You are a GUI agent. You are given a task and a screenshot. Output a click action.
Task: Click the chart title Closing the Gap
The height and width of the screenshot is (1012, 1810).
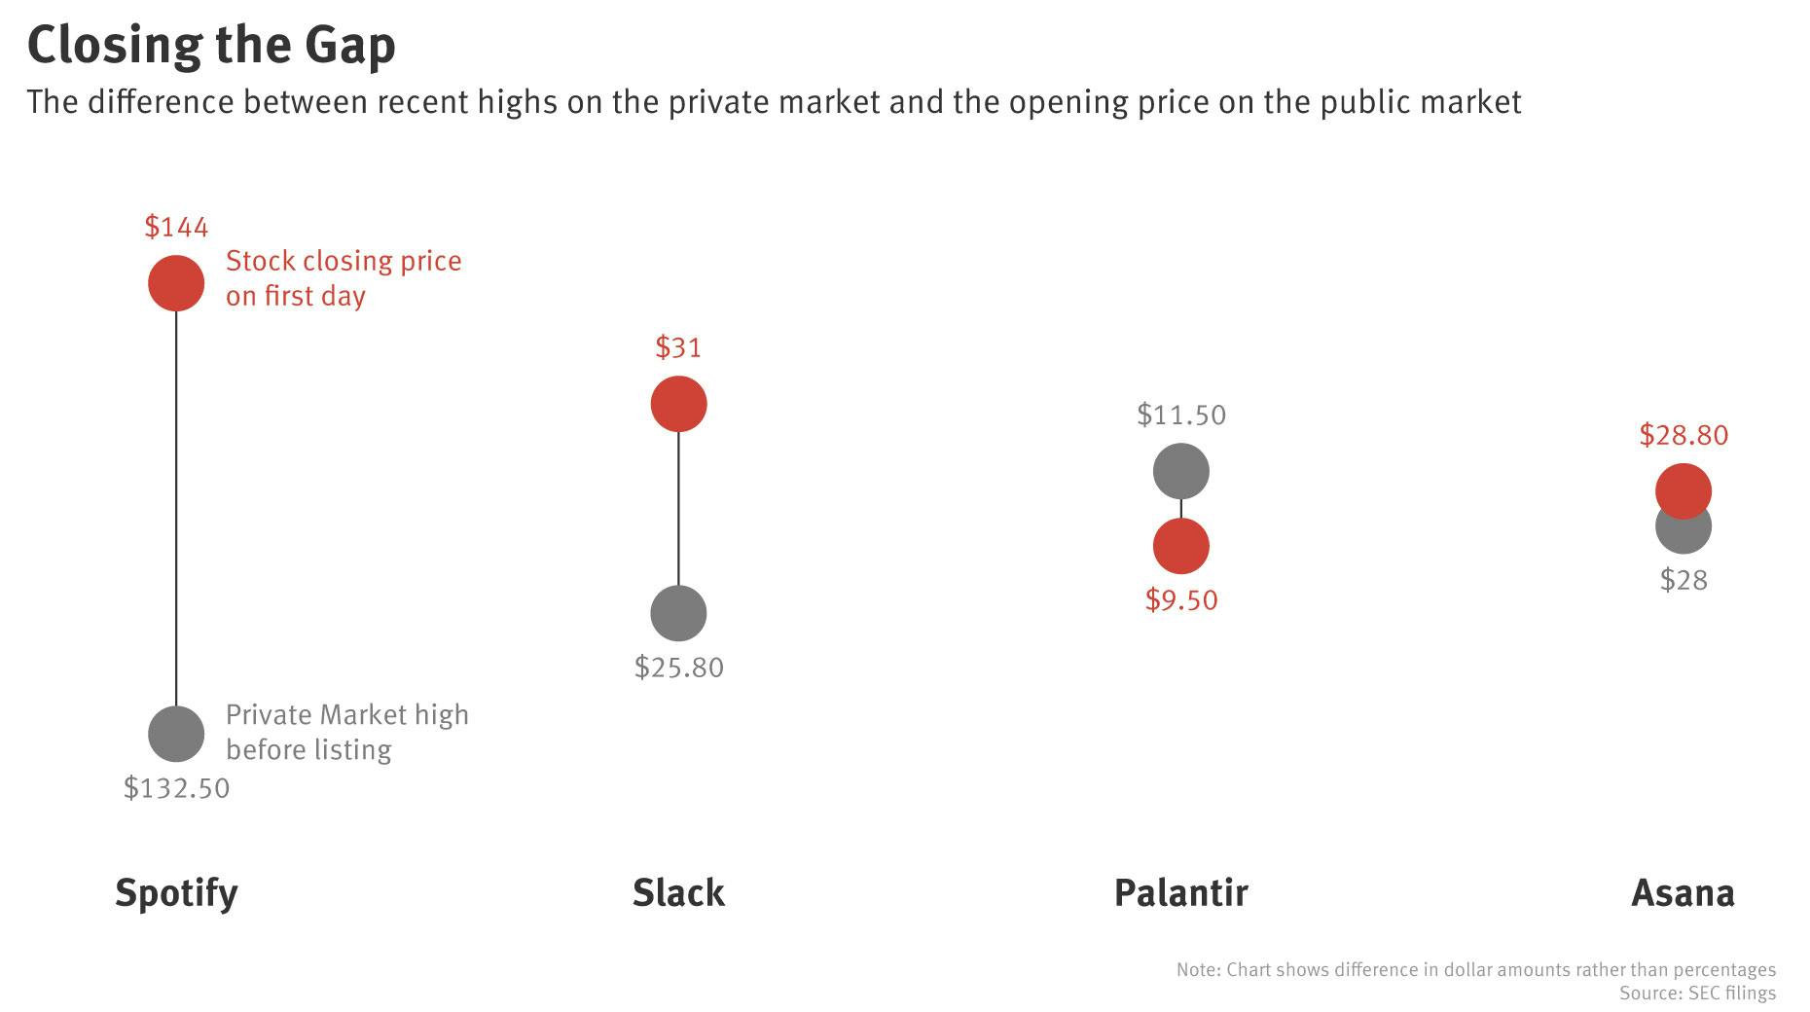tap(211, 45)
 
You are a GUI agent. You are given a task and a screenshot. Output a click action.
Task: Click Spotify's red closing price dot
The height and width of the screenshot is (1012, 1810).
tap(176, 283)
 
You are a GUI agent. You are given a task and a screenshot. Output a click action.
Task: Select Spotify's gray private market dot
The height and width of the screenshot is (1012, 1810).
tap(176, 734)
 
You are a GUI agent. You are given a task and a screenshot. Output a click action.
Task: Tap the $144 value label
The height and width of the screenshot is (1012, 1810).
tap(176, 228)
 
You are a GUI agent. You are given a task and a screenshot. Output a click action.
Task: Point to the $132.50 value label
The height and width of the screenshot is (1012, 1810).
tap(176, 788)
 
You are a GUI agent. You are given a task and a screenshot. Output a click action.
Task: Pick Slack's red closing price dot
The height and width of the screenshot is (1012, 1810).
tap(678, 404)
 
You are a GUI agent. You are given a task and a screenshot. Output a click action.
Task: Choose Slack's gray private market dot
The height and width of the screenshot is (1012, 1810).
tap(678, 613)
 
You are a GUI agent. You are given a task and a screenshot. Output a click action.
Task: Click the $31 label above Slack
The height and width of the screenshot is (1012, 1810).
tap(678, 347)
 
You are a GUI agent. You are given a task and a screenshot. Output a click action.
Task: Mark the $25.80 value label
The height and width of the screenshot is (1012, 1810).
tap(678, 668)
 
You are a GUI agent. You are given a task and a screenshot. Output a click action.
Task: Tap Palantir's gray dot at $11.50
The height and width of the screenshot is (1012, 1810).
tap(1180, 471)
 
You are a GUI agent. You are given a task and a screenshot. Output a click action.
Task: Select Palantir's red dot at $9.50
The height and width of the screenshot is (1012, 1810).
tap(1180, 547)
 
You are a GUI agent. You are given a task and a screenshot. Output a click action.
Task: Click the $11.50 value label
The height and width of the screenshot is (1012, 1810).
tap(1180, 416)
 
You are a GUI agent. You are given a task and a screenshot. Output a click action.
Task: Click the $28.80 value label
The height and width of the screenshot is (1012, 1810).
tap(1683, 435)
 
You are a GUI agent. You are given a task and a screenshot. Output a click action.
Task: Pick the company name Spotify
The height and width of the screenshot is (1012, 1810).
tap(176, 892)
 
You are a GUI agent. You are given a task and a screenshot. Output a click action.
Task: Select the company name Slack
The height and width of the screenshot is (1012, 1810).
tap(678, 892)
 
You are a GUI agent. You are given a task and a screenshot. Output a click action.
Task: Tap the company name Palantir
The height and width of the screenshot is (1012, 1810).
tap(1180, 892)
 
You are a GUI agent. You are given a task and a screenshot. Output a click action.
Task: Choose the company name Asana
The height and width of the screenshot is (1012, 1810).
tap(1683, 892)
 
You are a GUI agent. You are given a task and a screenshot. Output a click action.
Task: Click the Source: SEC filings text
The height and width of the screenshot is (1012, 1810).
tap(1697, 994)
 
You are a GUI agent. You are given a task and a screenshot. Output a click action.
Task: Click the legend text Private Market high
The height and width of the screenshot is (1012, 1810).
tap(346, 715)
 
